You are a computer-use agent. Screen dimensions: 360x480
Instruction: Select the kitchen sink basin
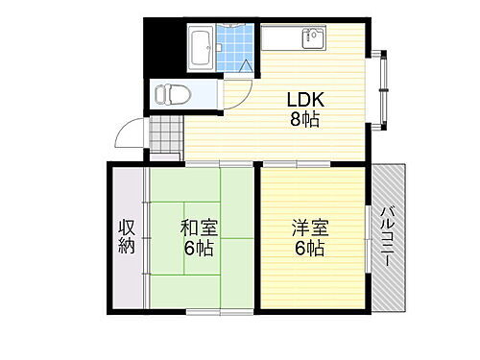click(313, 39)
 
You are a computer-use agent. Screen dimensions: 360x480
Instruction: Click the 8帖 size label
click(300, 121)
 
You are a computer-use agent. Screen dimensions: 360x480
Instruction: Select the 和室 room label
click(200, 228)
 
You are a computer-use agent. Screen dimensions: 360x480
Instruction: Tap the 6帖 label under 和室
click(200, 249)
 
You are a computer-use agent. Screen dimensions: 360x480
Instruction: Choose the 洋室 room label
click(309, 228)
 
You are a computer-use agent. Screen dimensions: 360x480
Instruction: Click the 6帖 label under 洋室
click(309, 249)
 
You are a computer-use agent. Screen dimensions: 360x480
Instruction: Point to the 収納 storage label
click(127, 237)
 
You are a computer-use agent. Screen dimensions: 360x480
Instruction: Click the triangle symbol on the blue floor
click(246, 67)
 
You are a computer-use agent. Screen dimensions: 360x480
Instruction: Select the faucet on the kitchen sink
click(312, 34)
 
